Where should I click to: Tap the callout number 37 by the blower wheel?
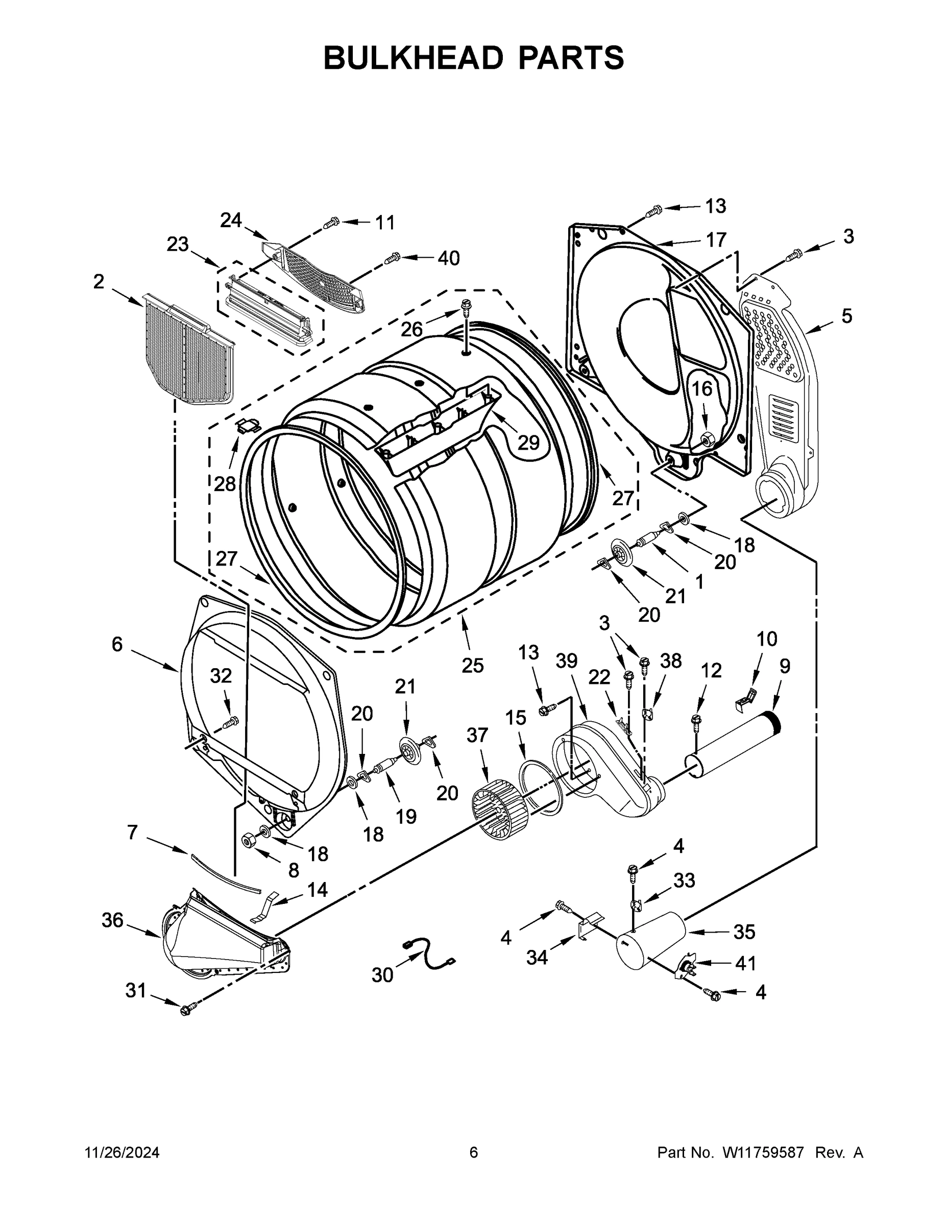point(477,735)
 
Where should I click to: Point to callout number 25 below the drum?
point(472,665)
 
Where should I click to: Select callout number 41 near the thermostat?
point(745,964)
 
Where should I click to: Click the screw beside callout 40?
point(392,258)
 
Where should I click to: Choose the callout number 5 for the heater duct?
point(846,316)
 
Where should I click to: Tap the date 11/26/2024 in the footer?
point(122,1153)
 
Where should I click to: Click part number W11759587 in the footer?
point(763,1153)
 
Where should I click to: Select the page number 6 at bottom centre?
point(474,1153)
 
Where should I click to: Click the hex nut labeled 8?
point(246,840)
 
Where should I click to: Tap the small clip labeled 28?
point(248,426)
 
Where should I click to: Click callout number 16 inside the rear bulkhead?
point(701,389)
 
